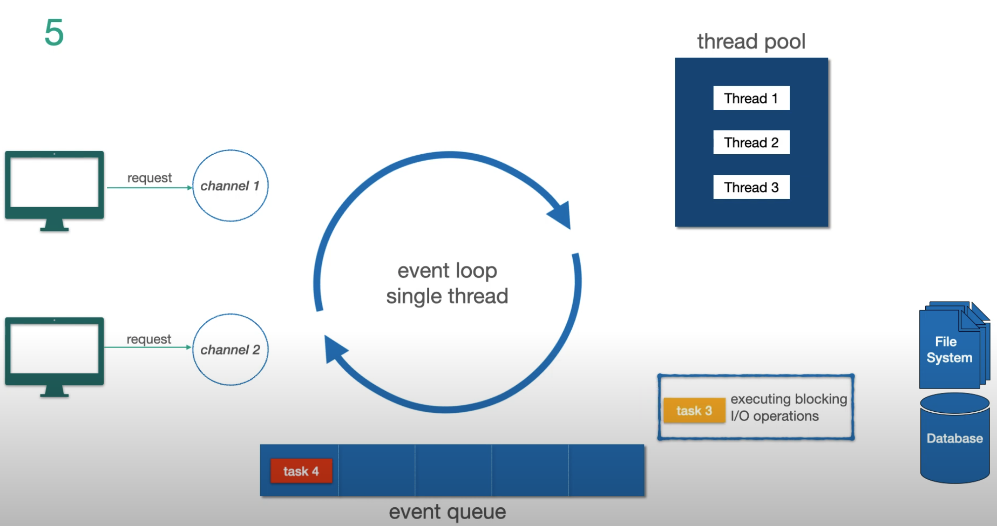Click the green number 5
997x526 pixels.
54,33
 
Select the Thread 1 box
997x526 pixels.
751,98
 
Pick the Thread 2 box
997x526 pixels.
751,142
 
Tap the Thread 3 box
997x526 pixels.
751,187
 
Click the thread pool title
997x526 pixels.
751,42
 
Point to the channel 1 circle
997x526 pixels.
230,185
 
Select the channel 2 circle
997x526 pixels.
230,350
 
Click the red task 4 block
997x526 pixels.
301,471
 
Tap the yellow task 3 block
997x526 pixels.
694,410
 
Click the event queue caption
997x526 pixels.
447,512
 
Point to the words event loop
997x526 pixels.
447,270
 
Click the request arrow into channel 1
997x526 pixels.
148,188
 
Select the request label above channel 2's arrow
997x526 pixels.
148,339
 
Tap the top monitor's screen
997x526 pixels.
54,182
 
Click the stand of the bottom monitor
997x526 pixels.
54,391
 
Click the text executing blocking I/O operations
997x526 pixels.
788,407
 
